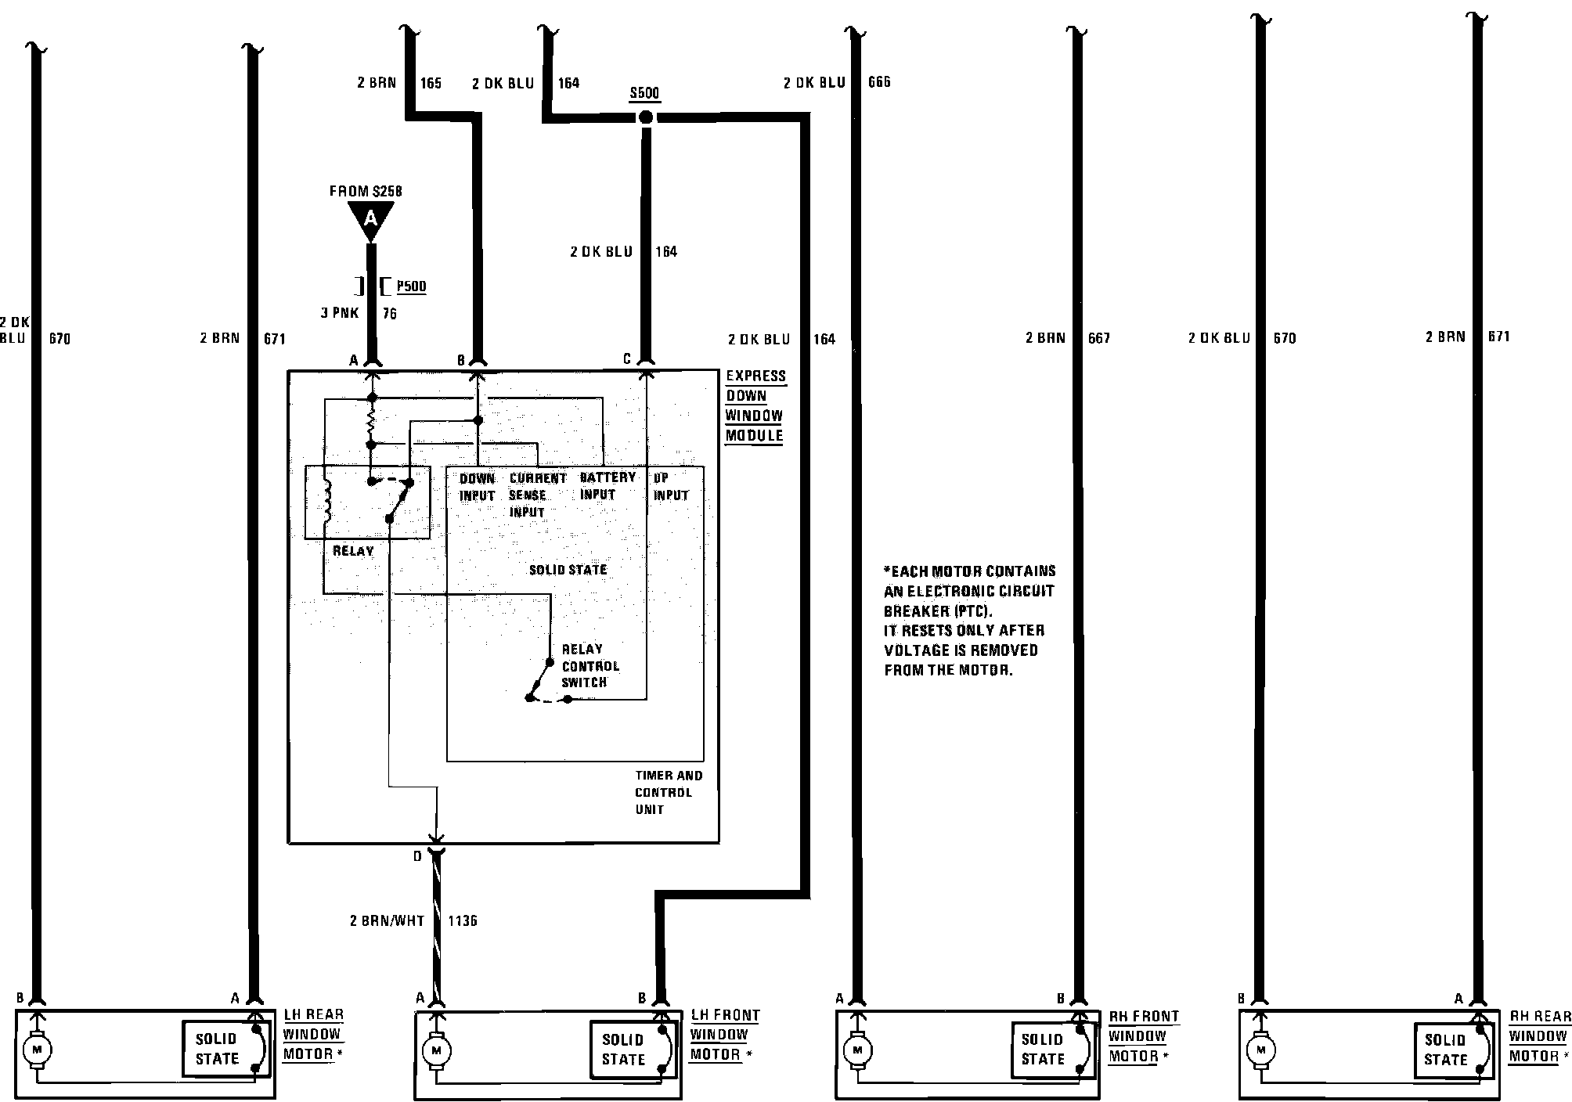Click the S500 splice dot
pos(645,117)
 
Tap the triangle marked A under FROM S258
pos(370,218)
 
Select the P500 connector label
pos(411,286)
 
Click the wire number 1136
pos(462,920)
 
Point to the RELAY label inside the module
pos(353,551)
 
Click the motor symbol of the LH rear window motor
pos(34,1049)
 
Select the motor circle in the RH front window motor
pos(858,1050)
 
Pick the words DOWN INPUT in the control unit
pos(477,487)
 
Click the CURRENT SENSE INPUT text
pos(537,495)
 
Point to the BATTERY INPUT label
pos(607,486)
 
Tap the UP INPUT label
pos(670,487)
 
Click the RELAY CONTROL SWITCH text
pos(589,666)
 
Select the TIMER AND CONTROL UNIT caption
pos(668,792)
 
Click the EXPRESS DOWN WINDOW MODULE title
pos(754,405)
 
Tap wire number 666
pos(879,82)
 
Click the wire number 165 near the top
pos(431,83)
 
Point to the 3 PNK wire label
pos(339,313)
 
